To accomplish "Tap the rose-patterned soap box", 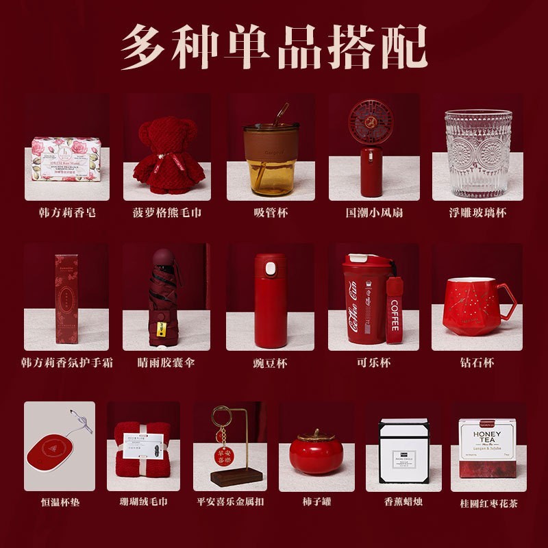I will point(66,159).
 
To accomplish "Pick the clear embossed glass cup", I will point(477,153).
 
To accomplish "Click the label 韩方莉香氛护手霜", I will point(66,362).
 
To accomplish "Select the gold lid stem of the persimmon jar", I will point(316,432).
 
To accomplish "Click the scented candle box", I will point(403,451).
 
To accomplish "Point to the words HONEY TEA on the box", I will point(487,438).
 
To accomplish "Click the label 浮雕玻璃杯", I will point(477,213).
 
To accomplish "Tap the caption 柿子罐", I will point(316,502).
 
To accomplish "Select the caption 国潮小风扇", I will point(374,213).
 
